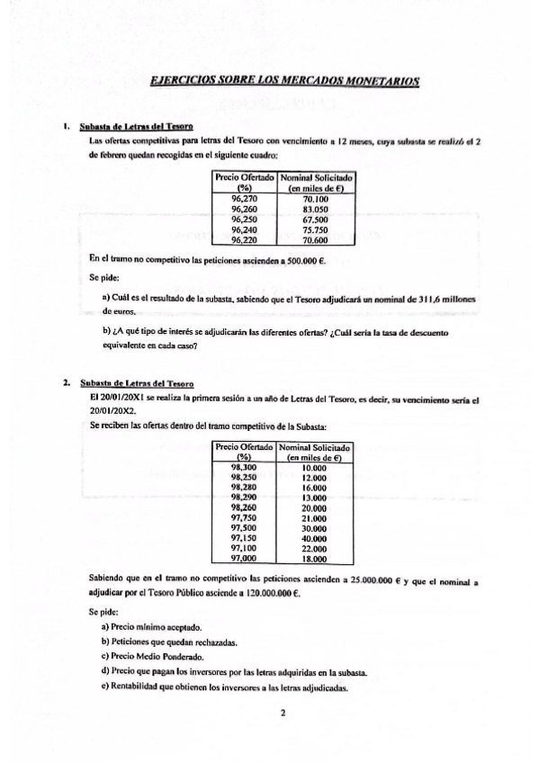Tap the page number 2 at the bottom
click(x=282, y=716)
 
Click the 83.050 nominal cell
click(x=314, y=209)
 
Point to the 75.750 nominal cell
click(x=314, y=229)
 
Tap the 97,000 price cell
click(x=244, y=559)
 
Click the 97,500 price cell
click(x=244, y=528)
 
